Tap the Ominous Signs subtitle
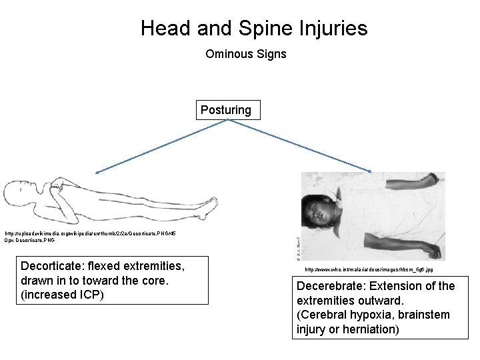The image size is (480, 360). (x=246, y=53)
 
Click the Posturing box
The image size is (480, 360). (x=227, y=109)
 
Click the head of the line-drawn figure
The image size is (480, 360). (x=19, y=194)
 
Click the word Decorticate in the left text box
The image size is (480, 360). (x=49, y=267)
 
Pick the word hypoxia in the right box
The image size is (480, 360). (x=373, y=315)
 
